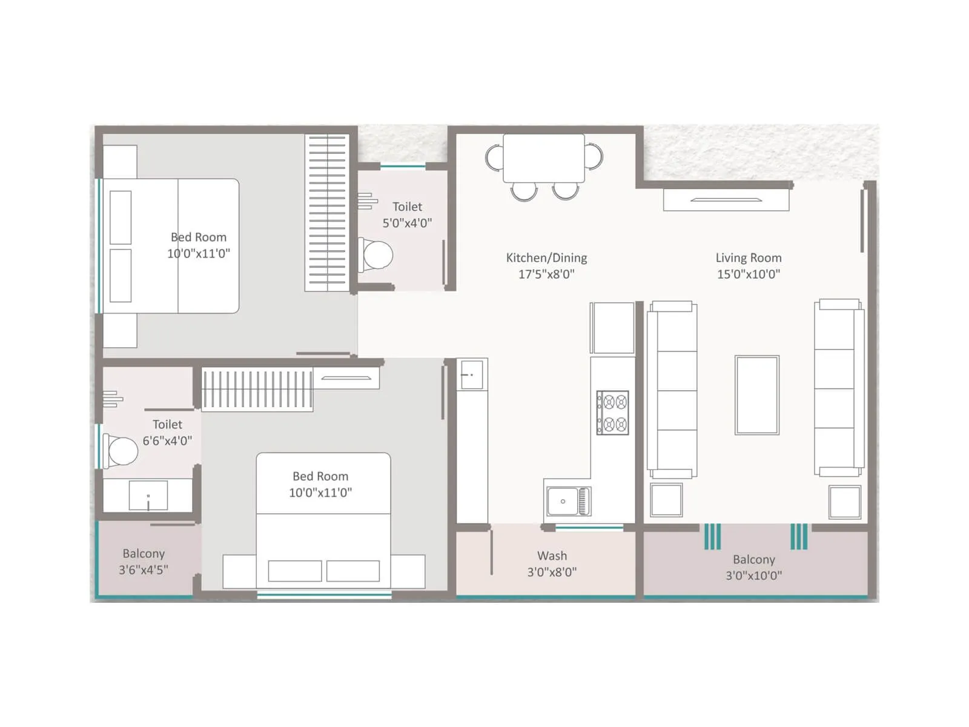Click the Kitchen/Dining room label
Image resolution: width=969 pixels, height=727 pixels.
point(546,258)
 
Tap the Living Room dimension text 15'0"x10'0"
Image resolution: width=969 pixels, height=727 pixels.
point(748,274)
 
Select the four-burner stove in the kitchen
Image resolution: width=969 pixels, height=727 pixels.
point(612,413)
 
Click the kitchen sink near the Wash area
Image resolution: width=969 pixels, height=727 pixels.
point(568,501)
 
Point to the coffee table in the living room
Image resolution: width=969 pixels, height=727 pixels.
point(756,395)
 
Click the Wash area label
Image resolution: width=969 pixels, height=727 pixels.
point(552,556)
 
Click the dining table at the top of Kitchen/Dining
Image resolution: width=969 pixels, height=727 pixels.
point(543,158)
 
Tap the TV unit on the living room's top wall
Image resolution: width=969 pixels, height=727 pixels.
point(726,200)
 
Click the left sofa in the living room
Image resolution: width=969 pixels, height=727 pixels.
point(672,390)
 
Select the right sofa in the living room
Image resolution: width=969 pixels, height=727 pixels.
point(839,388)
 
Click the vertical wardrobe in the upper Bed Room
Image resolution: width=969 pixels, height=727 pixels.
point(327,213)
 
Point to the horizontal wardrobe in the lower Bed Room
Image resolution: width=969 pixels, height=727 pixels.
point(257,389)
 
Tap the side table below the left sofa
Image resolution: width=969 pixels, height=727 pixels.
point(666,500)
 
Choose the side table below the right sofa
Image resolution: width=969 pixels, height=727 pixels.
point(845,502)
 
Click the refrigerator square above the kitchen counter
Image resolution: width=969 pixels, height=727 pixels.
point(613,328)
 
